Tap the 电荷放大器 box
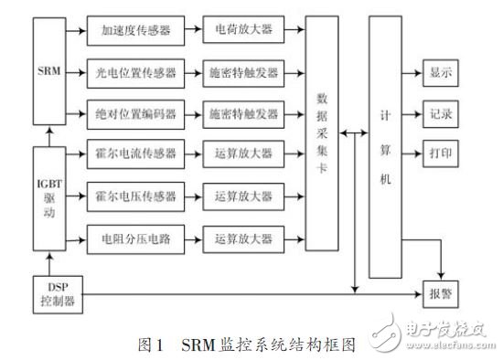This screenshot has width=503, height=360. coord(243,29)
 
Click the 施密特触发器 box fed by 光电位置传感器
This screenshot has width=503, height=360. coord(243,71)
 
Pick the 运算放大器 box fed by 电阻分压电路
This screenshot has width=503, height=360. coord(243,238)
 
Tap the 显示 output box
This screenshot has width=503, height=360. coord(439,71)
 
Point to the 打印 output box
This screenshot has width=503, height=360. coord(439,153)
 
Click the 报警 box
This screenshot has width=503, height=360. coord(439,294)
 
